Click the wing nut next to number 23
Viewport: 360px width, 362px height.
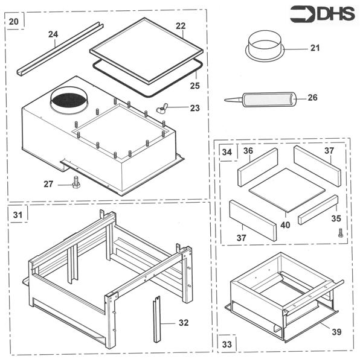pos(161,109)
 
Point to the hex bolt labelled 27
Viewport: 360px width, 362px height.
pos(76,182)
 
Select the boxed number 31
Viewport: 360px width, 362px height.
pos(17,215)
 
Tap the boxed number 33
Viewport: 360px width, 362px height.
pos(227,344)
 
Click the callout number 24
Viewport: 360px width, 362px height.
pos(53,34)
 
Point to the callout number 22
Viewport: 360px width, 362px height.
pos(180,26)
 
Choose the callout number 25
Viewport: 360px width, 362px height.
pos(194,85)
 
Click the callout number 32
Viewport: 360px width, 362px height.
pos(184,323)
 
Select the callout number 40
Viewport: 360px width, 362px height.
pos(285,225)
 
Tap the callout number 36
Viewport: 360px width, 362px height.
pos(248,151)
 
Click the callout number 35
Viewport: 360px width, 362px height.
pos(335,218)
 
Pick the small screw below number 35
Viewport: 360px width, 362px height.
pos(341,232)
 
